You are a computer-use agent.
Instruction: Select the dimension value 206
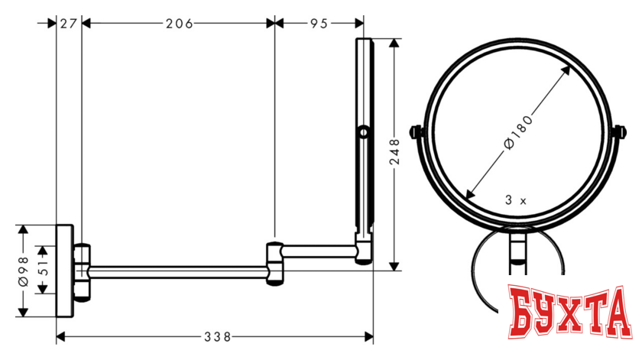(x=178, y=23)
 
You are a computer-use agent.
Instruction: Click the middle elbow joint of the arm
(x=275, y=262)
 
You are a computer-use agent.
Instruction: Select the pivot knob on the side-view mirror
(x=363, y=135)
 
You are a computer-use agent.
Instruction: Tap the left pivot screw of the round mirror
(x=417, y=132)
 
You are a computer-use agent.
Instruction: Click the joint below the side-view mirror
(x=364, y=249)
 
